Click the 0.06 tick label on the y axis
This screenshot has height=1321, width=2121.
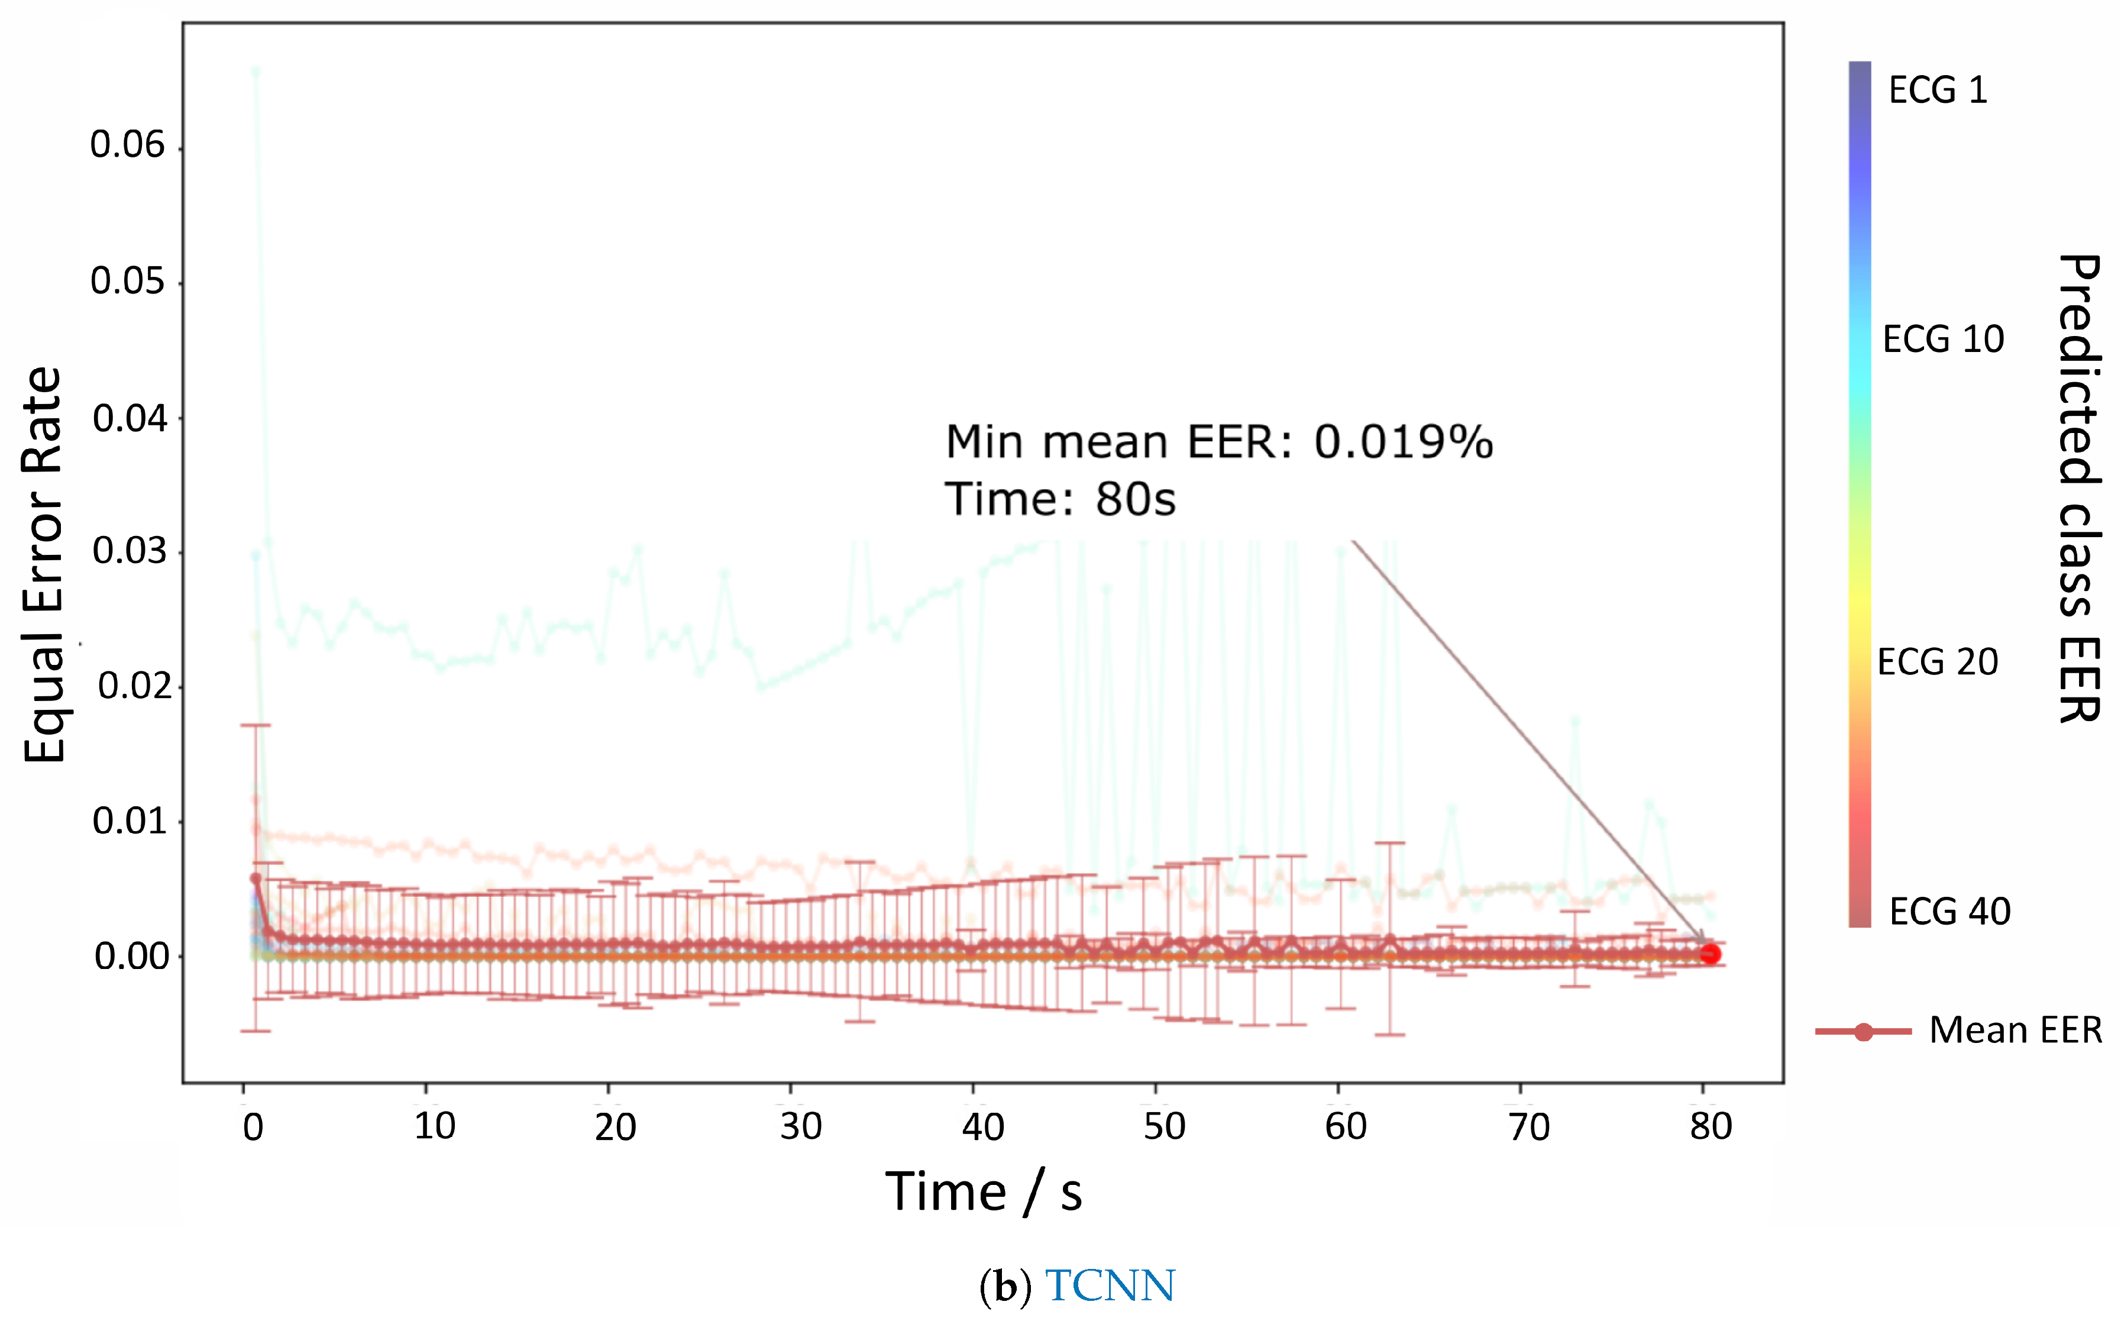click(128, 145)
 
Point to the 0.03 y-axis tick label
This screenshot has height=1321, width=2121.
click(130, 551)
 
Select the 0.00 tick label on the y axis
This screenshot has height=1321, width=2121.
click(132, 957)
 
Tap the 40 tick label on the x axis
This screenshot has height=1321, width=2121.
click(983, 1127)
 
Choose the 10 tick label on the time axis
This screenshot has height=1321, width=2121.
click(434, 1127)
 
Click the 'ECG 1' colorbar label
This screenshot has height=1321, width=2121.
click(1938, 90)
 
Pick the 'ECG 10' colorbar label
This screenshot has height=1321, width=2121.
click(1943, 339)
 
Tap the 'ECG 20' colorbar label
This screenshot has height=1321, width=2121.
click(1938, 662)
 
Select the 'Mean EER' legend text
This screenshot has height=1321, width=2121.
click(2015, 1031)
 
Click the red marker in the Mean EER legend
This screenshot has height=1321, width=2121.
click(1863, 1032)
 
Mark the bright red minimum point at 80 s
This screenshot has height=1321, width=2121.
click(1709, 954)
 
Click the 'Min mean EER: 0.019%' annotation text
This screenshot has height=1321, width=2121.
click(1218, 442)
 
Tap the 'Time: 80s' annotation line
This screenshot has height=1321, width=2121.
click(1060, 500)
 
